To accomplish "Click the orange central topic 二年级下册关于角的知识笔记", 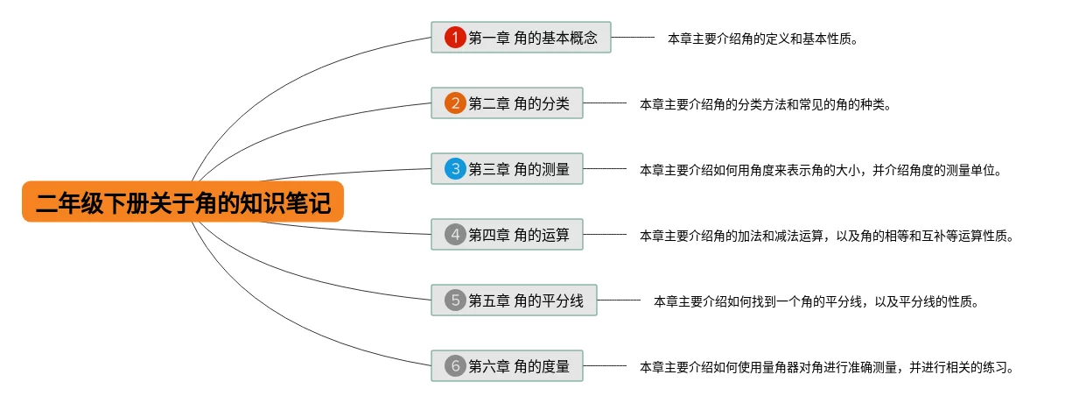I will click(183, 202).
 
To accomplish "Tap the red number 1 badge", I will click(454, 37).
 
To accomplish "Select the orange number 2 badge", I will click(454, 103).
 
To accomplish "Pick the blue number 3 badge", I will click(454, 169).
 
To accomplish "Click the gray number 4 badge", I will click(454, 235).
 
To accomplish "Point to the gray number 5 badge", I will click(454, 300).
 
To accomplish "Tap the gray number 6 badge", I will click(454, 366).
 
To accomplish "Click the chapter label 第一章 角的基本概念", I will click(533, 38).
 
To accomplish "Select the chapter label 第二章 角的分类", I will click(519, 103).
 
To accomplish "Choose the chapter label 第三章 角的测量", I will click(519, 169).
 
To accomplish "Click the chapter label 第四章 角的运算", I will click(519, 235).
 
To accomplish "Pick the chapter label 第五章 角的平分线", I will click(526, 300).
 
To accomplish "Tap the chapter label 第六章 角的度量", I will click(519, 366).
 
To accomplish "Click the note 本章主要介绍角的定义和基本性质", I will click(761, 39).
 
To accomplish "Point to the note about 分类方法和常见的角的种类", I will click(765, 104).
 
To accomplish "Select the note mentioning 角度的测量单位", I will click(820, 170).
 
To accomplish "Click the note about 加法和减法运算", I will click(826, 236).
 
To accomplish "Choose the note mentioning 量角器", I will click(826, 367).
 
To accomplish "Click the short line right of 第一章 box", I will click(633, 38).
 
